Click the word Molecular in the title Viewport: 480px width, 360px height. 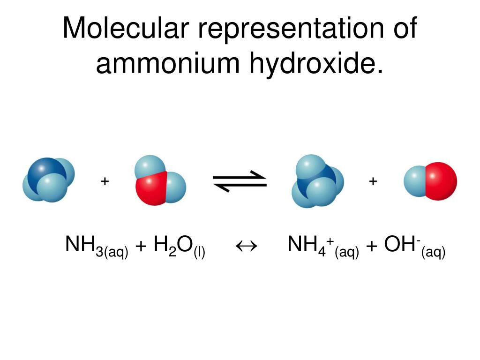(x=126, y=28)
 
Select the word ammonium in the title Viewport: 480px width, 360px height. (x=167, y=63)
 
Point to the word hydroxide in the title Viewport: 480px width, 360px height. (x=316, y=63)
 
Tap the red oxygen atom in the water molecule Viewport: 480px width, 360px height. (x=151, y=188)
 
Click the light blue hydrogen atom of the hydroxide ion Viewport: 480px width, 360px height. (x=415, y=181)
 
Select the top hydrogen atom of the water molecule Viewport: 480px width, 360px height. (x=150, y=166)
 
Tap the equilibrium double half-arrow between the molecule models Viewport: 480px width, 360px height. (x=240, y=181)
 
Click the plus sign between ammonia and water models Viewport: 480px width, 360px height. (x=105, y=181)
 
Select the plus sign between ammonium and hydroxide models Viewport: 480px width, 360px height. (x=373, y=181)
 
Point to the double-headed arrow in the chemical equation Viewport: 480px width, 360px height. (x=247, y=246)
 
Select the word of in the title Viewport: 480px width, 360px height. (x=405, y=28)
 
